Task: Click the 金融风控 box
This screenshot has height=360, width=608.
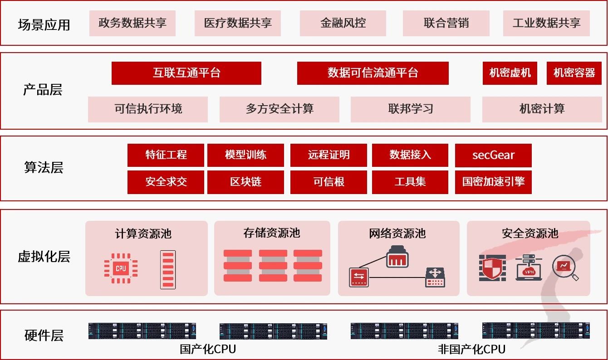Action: [x=343, y=23]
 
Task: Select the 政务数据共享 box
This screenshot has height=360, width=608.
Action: [x=132, y=23]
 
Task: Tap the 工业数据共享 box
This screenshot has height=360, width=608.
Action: [x=546, y=23]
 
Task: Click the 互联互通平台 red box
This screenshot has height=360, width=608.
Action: [x=186, y=73]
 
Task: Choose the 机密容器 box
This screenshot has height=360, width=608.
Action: [x=574, y=73]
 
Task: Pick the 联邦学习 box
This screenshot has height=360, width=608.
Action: [x=410, y=109]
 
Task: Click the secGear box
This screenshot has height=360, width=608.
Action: [x=493, y=155]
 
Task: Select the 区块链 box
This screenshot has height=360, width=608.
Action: [x=245, y=182]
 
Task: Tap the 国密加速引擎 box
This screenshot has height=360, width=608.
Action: [x=493, y=182]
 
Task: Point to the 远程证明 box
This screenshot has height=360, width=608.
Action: [x=329, y=155]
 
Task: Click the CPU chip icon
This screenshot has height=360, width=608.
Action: [x=121, y=268]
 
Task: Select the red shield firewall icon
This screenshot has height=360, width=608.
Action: [x=492, y=268]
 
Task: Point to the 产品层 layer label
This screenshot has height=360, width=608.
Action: [x=43, y=90]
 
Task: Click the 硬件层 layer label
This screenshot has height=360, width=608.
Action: [x=44, y=336]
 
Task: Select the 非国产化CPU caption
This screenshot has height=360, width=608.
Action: [x=471, y=350]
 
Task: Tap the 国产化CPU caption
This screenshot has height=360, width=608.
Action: [x=208, y=350]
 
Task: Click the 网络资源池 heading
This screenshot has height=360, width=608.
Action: [x=397, y=234]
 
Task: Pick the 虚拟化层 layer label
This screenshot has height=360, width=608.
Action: [x=44, y=257]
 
